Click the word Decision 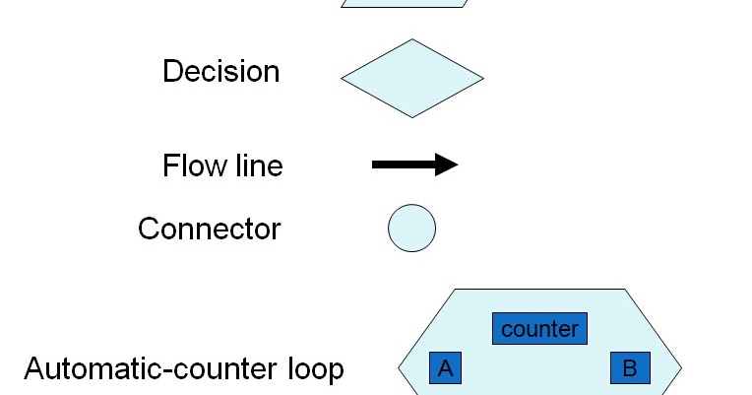point(220,72)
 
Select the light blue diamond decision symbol point(412,79)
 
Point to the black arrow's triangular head point(446,165)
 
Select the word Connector point(209,230)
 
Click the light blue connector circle point(411,229)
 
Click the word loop point(312,369)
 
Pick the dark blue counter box point(539,328)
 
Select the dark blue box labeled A point(445,368)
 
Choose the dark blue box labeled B point(629,368)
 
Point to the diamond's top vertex point(412,40)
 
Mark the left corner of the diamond point(343,79)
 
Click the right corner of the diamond point(483,79)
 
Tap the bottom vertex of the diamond point(412,117)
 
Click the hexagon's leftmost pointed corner point(400,369)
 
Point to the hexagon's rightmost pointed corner point(681,369)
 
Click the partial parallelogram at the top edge point(404,3)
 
